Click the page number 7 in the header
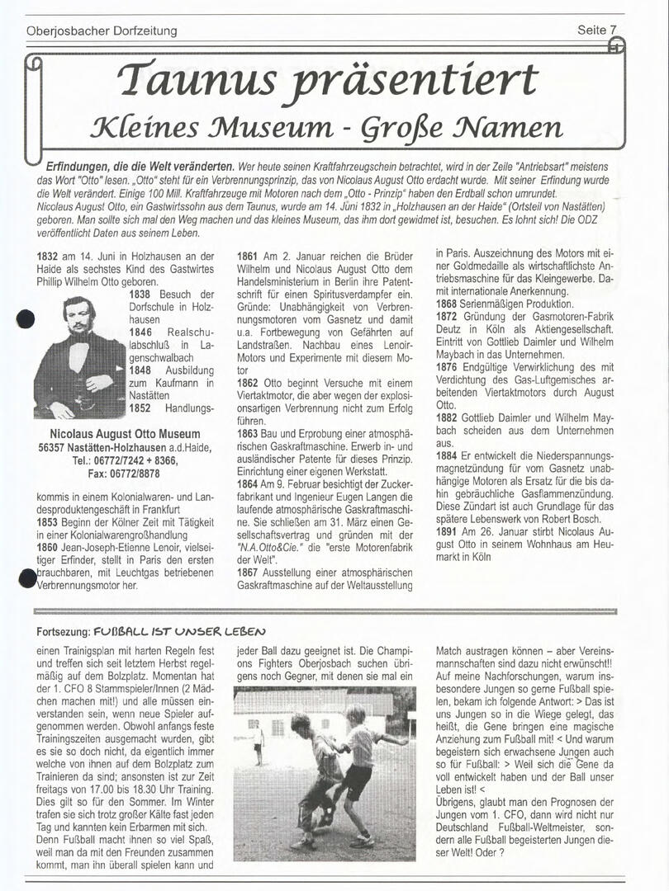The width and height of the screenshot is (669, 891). [x=613, y=30]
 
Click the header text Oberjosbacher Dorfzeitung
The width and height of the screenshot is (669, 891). [x=102, y=31]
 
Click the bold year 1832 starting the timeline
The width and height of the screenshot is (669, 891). [x=47, y=257]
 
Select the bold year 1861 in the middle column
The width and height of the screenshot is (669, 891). [x=249, y=257]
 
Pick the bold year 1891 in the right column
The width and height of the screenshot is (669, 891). [x=448, y=532]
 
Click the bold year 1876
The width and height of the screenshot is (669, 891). [x=448, y=367]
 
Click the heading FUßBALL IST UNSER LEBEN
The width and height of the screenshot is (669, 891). [x=172, y=631]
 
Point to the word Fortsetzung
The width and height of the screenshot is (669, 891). [x=63, y=631]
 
